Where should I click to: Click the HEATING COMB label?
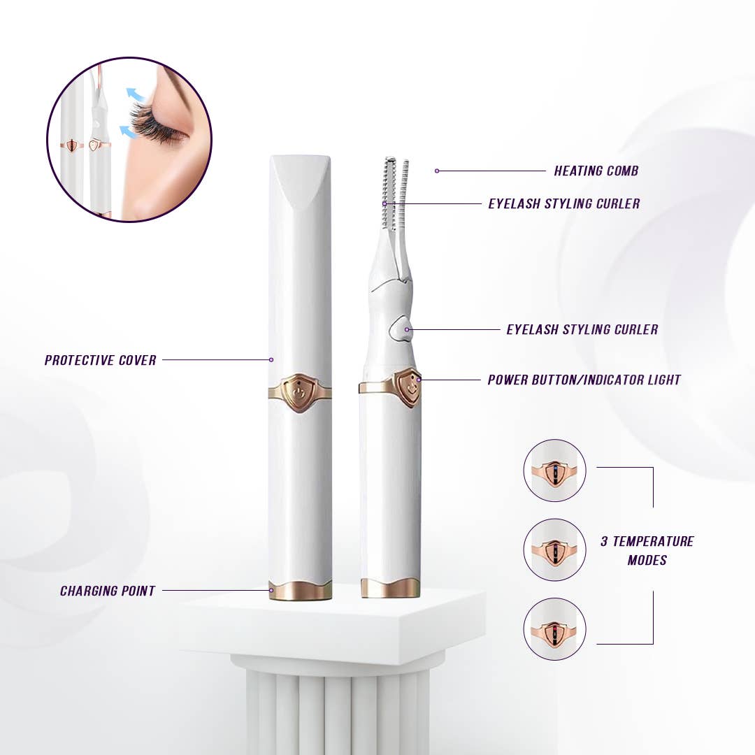click(x=596, y=171)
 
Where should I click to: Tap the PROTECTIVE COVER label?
click(x=100, y=360)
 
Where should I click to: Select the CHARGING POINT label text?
click(x=107, y=591)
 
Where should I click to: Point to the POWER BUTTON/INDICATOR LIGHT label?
click(x=584, y=380)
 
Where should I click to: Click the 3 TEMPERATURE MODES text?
click(x=647, y=550)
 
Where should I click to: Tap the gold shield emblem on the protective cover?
click(x=300, y=393)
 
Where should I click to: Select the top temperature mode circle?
click(x=554, y=470)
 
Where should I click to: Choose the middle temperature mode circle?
click(x=554, y=549)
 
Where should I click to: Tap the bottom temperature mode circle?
click(x=554, y=629)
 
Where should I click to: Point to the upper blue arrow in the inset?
click(x=133, y=95)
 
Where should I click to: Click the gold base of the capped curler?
click(x=301, y=590)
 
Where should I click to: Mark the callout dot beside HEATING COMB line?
click(x=437, y=171)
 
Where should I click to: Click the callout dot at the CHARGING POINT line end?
click(x=271, y=591)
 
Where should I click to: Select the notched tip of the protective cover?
click(x=300, y=178)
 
